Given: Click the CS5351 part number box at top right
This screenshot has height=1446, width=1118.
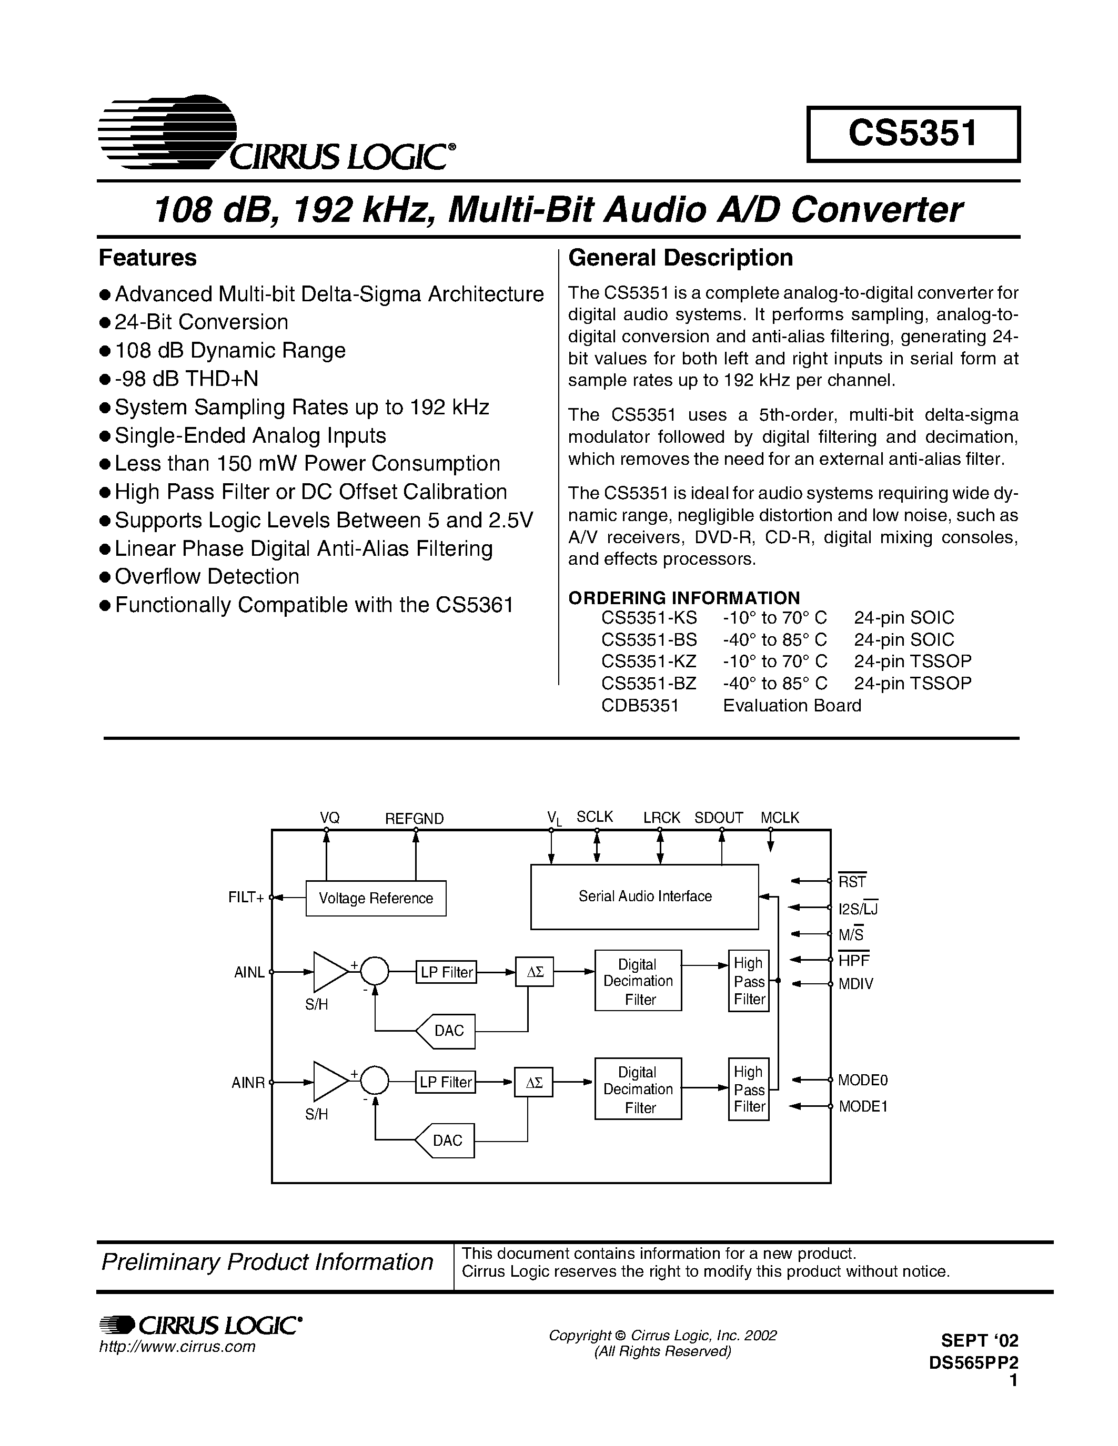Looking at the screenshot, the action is (913, 134).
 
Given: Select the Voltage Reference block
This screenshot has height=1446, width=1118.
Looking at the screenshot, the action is (376, 899).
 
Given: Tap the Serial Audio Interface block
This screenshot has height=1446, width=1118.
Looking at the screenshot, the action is (644, 897).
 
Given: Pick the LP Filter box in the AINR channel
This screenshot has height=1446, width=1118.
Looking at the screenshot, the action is (446, 1082).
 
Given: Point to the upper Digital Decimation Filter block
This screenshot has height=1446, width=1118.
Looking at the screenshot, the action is (638, 981).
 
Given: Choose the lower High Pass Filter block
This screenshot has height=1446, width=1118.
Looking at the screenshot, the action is (749, 1089).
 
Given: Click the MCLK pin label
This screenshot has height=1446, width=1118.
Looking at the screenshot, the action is (780, 818).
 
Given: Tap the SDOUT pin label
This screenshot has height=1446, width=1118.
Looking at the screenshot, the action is (719, 818).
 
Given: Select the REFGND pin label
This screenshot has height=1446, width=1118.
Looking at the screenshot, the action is (415, 818).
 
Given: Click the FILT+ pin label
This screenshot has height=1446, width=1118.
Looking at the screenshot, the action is (246, 898).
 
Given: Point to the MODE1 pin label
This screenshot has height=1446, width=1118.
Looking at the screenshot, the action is (863, 1106).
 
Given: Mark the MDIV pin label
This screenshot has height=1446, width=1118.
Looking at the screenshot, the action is (855, 984).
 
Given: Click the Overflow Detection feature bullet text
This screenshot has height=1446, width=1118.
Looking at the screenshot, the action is (207, 577).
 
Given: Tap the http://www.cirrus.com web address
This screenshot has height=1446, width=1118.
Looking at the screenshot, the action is (177, 1347).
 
